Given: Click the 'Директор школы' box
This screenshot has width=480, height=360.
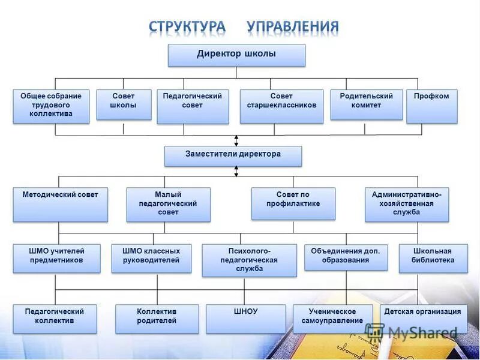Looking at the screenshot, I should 236,55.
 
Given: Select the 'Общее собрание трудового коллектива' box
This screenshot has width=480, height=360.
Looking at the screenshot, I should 51,106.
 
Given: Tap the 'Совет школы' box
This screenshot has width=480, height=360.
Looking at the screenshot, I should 124,104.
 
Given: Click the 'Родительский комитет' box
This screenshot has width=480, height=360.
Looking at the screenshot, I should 366,104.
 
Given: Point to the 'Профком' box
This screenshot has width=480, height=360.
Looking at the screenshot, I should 431,106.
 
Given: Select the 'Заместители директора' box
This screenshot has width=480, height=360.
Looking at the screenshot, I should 233,155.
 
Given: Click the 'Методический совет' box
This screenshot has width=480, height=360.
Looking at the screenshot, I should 60,204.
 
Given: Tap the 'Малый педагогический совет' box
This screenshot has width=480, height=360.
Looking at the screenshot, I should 169,204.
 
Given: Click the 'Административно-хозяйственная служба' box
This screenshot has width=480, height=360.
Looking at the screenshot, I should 407,204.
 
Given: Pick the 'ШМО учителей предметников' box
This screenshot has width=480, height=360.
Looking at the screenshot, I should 57,258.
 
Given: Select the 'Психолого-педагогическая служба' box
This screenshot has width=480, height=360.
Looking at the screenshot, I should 249,260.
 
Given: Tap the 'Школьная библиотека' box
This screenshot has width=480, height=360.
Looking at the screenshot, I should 433,258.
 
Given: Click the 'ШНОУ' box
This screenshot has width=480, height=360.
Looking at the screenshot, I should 245,319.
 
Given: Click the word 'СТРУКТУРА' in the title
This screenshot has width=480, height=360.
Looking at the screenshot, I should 188,27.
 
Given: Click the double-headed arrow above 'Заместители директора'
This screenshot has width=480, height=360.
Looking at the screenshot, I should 236,140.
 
